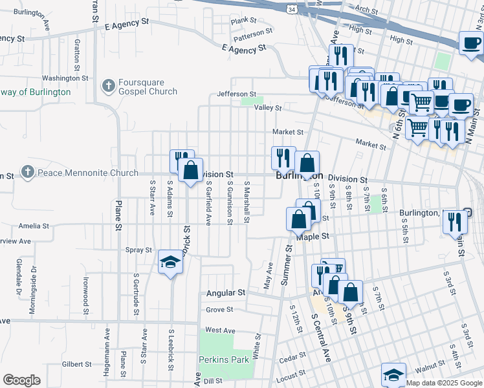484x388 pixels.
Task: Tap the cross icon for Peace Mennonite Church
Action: click(x=27, y=172)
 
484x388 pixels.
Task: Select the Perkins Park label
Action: click(x=224, y=360)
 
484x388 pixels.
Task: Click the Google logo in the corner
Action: click(x=21, y=380)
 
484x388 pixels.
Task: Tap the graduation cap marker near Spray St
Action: click(x=170, y=262)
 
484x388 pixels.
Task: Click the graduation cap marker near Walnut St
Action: click(x=393, y=374)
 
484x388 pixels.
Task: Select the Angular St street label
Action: click(x=226, y=293)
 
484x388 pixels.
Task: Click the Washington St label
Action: click(x=65, y=78)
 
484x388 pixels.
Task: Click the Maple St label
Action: click(x=313, y=237)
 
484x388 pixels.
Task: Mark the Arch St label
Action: click(x=366, y=10)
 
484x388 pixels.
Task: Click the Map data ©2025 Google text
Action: click(x=445, y=383)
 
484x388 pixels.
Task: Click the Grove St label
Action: click(x=219, y=310)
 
